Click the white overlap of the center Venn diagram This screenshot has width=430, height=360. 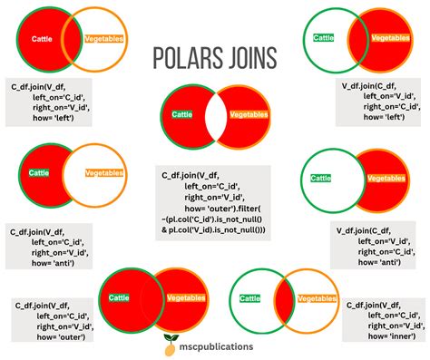pyautogui.click(x=216, y=117)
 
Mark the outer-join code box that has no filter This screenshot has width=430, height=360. pyautogui.click(x=50, y=319)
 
